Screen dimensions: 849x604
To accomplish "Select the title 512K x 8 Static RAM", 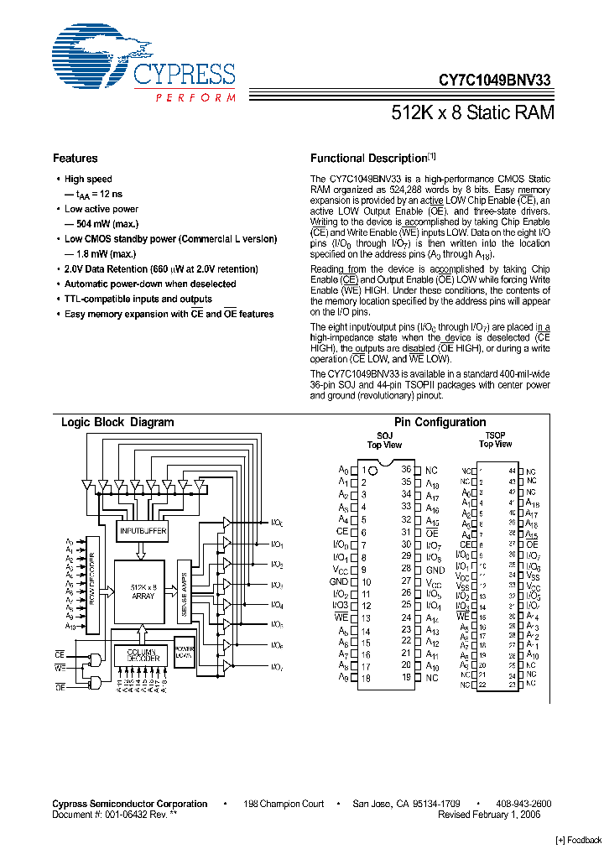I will [x=473, y=112].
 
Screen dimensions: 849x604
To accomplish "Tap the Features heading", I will [x=75, y=159].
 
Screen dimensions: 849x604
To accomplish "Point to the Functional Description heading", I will [x=369, y=159].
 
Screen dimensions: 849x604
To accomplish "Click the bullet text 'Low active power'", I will [x=102, y=209].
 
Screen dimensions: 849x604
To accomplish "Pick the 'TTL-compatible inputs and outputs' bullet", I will [x=138, y=299].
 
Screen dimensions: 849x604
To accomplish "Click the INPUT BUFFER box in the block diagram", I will [x=142, y=531].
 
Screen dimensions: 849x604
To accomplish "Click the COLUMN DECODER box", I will [x=142, y=655].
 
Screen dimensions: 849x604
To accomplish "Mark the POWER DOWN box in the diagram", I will [x=184, y=651].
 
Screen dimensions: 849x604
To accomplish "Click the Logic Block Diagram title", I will [x=117, y=423].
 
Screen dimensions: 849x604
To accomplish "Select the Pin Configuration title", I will [x=440, y=423].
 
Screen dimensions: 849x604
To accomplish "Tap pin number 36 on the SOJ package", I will [x=406, y=470].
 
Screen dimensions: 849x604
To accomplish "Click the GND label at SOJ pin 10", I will [x=339, y=581].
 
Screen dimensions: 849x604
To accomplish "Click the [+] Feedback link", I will [x=579, y=840].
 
